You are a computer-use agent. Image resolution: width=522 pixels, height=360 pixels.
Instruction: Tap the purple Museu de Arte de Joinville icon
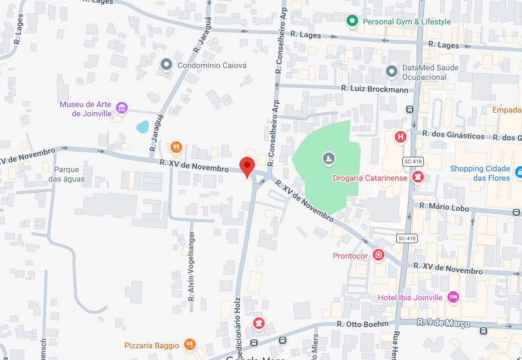click(122, 107)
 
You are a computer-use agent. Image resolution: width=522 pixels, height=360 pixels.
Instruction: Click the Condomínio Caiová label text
click(211, 65)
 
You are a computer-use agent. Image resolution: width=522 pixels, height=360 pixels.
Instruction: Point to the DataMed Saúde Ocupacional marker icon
click(391, 72)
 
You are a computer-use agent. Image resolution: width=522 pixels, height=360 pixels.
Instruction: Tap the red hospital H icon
click(400, 137)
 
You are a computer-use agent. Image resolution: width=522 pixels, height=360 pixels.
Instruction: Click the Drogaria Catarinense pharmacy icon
click(416, 177)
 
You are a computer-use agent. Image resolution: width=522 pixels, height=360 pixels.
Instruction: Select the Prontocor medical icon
click(378, 255)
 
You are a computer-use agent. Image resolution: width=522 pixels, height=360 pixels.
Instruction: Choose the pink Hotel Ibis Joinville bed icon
click(453, 297)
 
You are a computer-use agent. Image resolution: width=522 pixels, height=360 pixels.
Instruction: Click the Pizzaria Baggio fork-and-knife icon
click(189, 345)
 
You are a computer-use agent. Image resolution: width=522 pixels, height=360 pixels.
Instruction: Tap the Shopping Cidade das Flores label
click(480, 173)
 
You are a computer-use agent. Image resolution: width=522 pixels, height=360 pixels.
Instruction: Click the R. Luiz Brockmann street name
click(374, 88)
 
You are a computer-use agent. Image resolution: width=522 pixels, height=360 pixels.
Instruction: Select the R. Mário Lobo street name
click(444, 207)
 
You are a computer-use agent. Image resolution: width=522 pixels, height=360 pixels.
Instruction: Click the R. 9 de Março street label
click(443, 323)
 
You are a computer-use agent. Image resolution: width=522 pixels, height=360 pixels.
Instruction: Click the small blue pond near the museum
click(142, 126)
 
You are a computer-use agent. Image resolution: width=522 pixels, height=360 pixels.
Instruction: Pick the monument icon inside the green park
click(329, 159)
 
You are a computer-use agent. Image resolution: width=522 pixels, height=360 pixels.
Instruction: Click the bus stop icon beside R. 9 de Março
click(483, 331)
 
